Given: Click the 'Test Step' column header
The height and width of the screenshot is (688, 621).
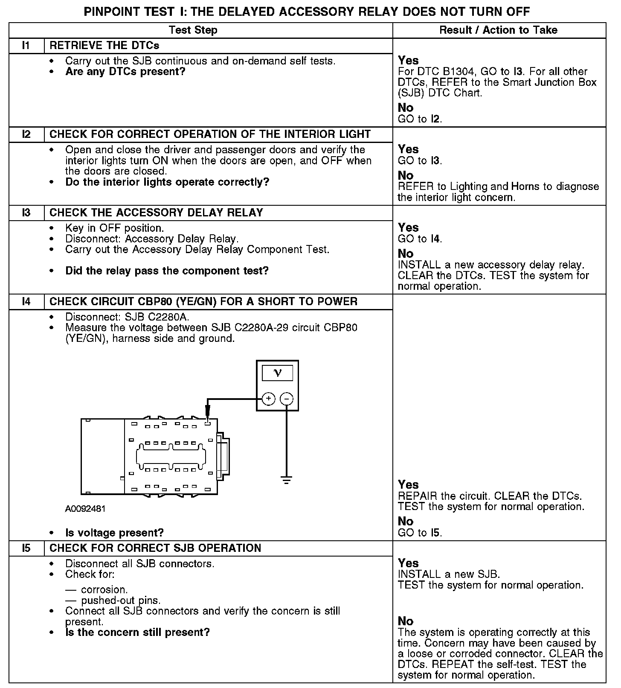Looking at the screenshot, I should pos(193,30).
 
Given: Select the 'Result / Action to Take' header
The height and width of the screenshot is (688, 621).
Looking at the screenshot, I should pos(498,30).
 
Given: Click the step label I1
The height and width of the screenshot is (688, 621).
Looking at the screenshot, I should pos(26,46).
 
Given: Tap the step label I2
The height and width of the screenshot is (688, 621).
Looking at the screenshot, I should pos(26,134).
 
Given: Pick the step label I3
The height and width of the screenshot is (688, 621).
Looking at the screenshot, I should pos(26,213).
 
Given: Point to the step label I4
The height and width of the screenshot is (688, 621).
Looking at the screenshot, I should pos(26,302).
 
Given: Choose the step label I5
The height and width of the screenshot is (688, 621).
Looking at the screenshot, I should pos(26,548).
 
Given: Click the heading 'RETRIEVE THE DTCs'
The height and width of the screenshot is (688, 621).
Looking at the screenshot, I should pos(104,46).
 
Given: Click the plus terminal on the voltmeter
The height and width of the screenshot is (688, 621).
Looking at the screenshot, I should pos(268,399).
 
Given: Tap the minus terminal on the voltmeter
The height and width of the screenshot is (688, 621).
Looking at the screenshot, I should pos(287,399).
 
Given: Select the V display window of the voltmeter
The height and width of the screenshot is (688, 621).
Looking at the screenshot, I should pos(277,373).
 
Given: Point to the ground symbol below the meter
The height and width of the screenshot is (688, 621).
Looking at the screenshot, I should pos(287,480).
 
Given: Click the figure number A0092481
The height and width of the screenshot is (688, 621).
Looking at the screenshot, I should pos(85,509).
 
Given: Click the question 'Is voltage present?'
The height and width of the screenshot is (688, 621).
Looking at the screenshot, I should pos(114,533).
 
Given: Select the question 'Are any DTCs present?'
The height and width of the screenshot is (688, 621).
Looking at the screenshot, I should pos(125,72).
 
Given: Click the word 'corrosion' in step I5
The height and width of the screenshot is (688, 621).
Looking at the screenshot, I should pos(104,590).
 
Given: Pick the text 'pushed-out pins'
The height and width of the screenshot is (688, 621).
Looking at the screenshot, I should pos(120,601).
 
